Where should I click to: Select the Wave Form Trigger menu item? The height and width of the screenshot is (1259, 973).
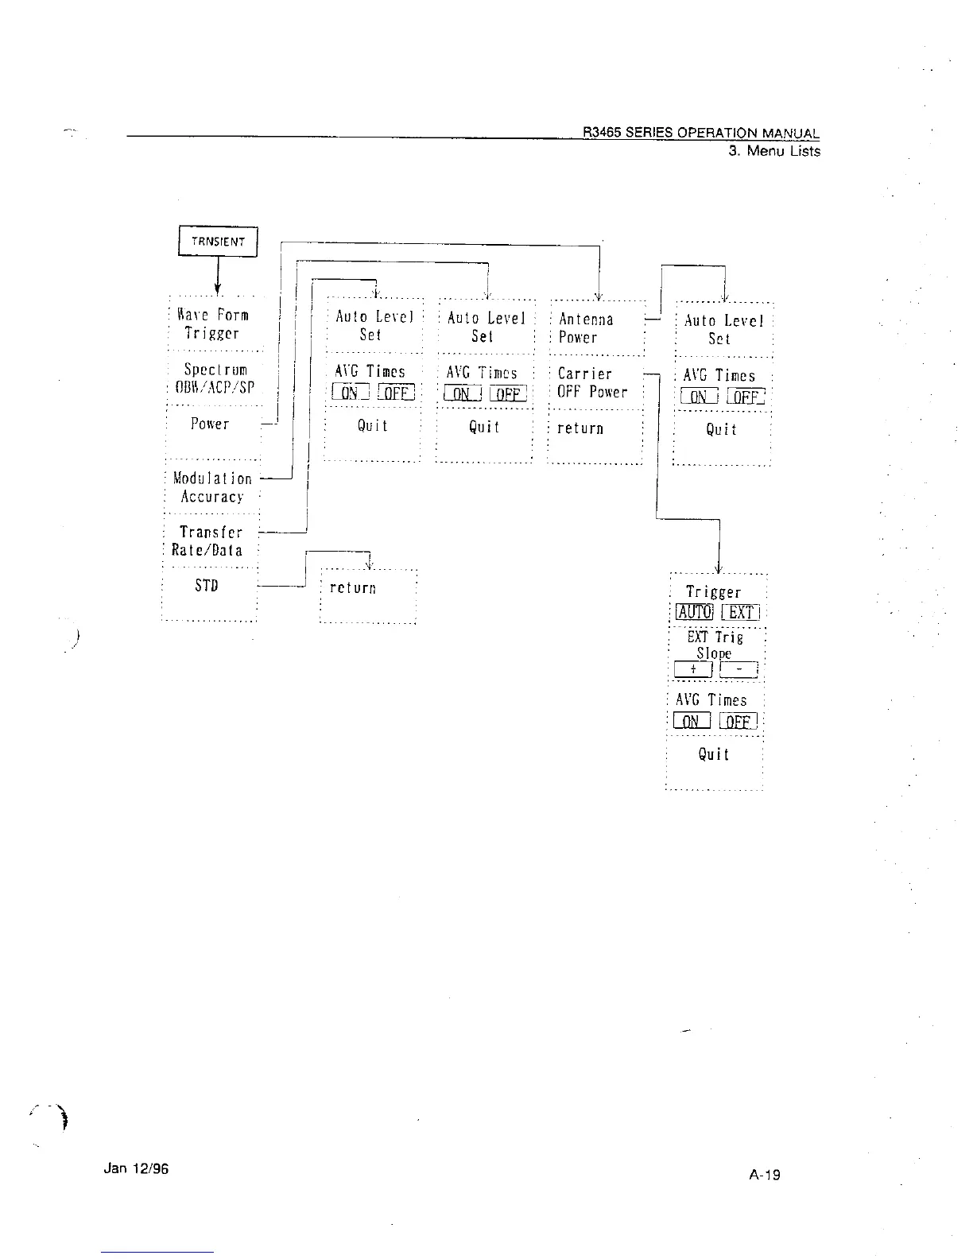(212, 324)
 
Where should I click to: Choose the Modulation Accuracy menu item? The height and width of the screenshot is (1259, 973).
(212, 487)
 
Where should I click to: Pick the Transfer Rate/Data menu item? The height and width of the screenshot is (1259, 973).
(210, 540)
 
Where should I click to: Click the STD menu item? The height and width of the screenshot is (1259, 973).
(207, 586)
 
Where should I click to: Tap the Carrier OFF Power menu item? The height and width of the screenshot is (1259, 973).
(592, 382)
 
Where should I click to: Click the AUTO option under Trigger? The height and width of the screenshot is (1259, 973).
(694, 612)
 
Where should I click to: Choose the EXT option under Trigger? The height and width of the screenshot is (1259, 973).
(740, 612)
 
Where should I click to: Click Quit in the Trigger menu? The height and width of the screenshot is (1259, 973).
(713, 754)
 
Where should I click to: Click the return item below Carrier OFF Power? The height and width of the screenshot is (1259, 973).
(580, 428)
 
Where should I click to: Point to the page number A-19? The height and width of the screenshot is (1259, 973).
(765, 1174)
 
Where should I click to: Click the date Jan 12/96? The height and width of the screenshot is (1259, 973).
(136, 1168)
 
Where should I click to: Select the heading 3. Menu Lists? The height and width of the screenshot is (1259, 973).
(774, 151)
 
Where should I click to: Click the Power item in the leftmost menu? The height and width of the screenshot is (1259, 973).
(210, 424)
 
